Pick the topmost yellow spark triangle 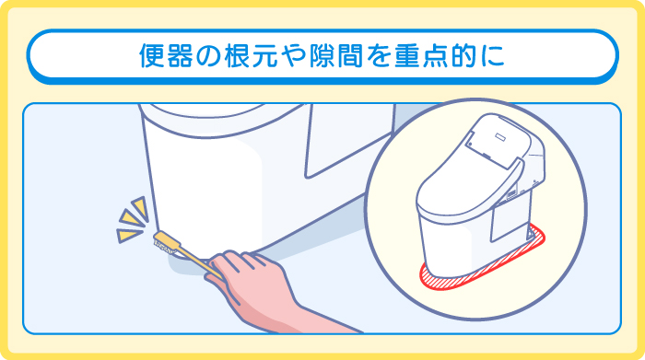coord(139,204)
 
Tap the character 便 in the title coord(150,55)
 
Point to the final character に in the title coord(495,55)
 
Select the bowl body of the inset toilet coord(451,230)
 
